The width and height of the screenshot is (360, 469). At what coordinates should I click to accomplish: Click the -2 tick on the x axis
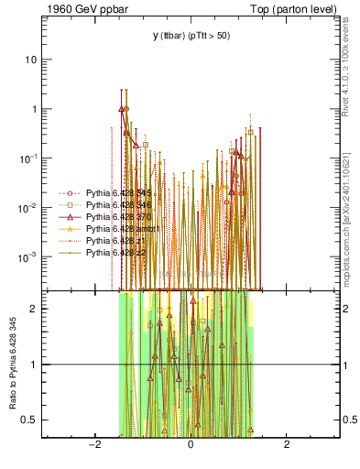[x=93, y=446]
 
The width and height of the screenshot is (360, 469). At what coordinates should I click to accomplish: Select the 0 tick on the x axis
[x=191, y=446]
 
